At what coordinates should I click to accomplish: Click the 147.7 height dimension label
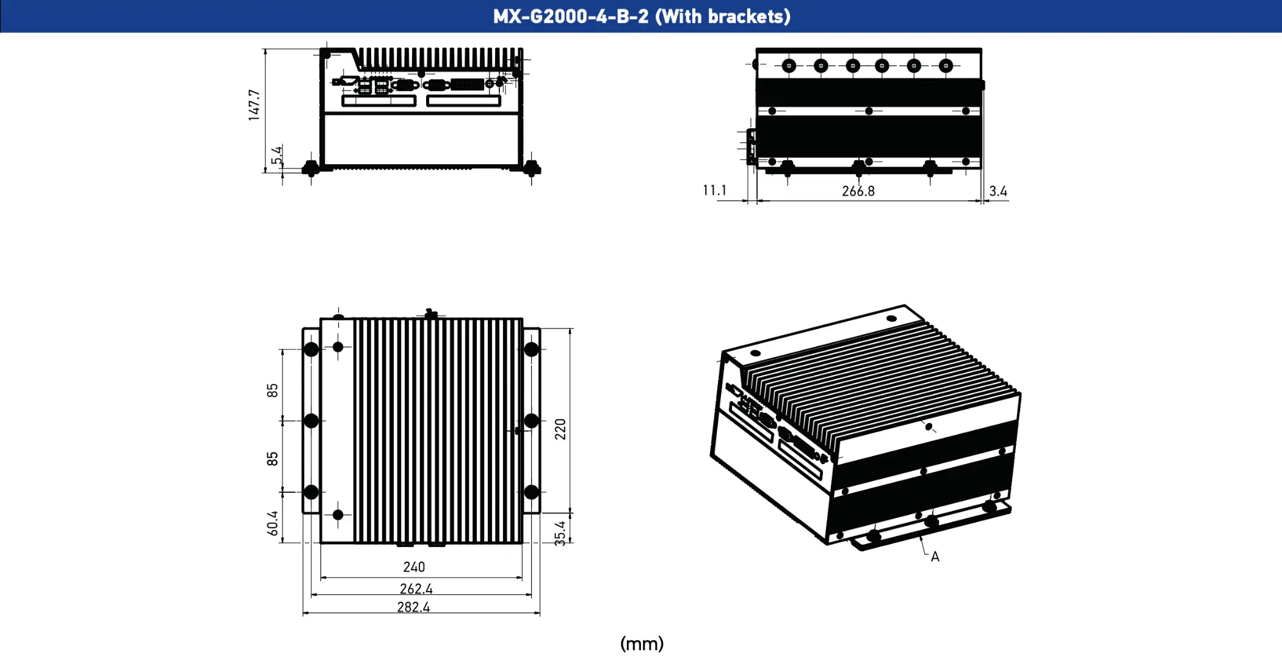point(254,105)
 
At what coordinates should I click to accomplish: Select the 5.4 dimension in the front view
point(277,156)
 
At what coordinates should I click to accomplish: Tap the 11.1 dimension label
point(714,191)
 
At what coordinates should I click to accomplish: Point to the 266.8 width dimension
point(858,191)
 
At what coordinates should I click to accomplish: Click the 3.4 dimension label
point(998,191)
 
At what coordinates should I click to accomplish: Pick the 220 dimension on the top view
point(560,429)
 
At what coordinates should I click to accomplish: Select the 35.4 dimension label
point(560,532)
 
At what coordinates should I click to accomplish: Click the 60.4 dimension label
point(272,523)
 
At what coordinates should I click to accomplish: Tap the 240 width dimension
point(414,567)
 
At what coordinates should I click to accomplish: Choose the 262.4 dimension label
point(416,589)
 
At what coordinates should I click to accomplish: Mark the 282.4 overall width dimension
point(413,607)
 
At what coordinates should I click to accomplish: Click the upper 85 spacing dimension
point(272,390)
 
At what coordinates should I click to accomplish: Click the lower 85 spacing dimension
point(272,459)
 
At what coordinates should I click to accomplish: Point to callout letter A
point(935,557)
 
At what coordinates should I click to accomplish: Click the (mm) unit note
point(642,644)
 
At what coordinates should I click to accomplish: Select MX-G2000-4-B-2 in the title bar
point(571,16)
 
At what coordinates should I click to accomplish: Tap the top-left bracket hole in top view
point(311,350)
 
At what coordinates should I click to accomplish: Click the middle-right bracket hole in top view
point(531,421)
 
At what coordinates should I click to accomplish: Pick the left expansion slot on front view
point(378,101)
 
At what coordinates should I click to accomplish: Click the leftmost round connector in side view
point(789,65)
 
